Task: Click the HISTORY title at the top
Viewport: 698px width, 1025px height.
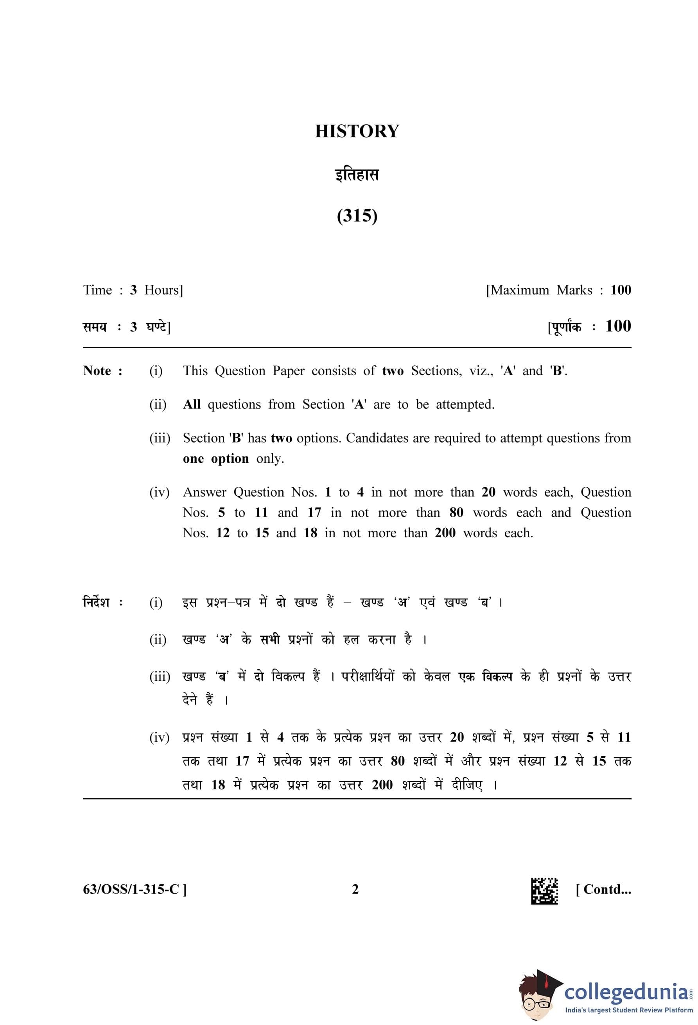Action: pyautogui.click(x=357, y=131)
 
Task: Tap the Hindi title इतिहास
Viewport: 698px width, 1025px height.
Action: pyautogui.click(x=357, y=175)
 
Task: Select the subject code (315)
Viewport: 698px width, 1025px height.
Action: pyautogui.click(x=357, y=216)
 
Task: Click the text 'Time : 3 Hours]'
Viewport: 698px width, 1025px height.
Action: pyautogui.click(x=133, y=290)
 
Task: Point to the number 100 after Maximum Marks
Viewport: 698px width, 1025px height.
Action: pyautogui.click(x=620, y=290)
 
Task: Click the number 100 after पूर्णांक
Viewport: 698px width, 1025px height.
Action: pyautogui.click(x=618, y=326)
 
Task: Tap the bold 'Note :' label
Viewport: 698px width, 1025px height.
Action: pyautogui.click(x=102, y=370)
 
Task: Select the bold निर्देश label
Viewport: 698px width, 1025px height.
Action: pyautogui.click(x=102, y=602)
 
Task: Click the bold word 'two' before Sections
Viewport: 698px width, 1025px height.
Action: pyautogui.click(x=393, y=370)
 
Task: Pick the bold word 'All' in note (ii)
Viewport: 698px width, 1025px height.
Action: pyautogui.click(x=192, y=404)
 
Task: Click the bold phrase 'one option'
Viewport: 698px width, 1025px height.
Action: pyautogui.click(x=216, y=458)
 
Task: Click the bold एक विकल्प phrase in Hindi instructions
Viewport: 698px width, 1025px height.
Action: pyautogui.click(x=485, y=676)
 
